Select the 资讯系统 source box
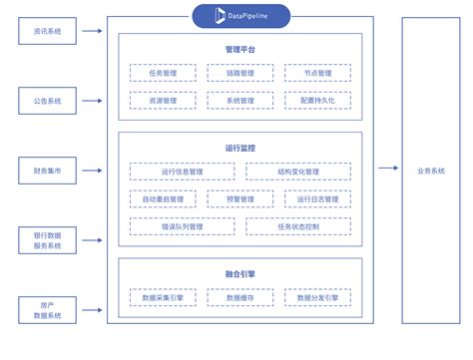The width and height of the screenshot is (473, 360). (x=47, y=32)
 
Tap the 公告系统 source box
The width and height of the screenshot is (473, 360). (x=47, y=101)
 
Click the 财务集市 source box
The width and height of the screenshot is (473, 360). (x=47, y=171)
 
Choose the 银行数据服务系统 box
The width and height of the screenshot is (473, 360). (x=47, y=239)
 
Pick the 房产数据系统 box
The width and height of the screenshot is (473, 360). (x=47, y=309)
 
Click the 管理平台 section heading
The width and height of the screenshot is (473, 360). (x=239, y=49)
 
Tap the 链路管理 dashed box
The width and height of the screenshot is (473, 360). (x=239, y=73)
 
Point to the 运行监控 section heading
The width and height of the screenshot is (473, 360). (x=239, y=148)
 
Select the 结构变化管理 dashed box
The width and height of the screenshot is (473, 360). (x=298, y=172)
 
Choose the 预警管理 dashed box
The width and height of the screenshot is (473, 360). (x=239, y=198)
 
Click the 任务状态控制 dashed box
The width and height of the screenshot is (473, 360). (x=298, y=226)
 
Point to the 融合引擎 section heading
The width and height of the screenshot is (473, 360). (x=239, y=272)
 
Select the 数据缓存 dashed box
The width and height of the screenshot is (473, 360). (x=239, y=297)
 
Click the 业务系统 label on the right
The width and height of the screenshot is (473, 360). (x=431, y=171)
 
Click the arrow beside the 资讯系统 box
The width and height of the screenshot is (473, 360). (x=92, y=32)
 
